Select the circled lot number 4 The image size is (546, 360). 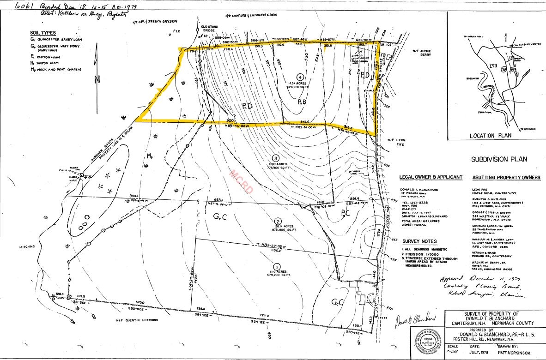[300, 77]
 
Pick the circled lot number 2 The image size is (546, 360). [278, 221]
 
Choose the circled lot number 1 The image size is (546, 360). [277, 266]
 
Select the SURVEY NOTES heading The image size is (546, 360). [419, 241]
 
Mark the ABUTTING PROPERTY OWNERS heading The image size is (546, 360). [506, 178]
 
